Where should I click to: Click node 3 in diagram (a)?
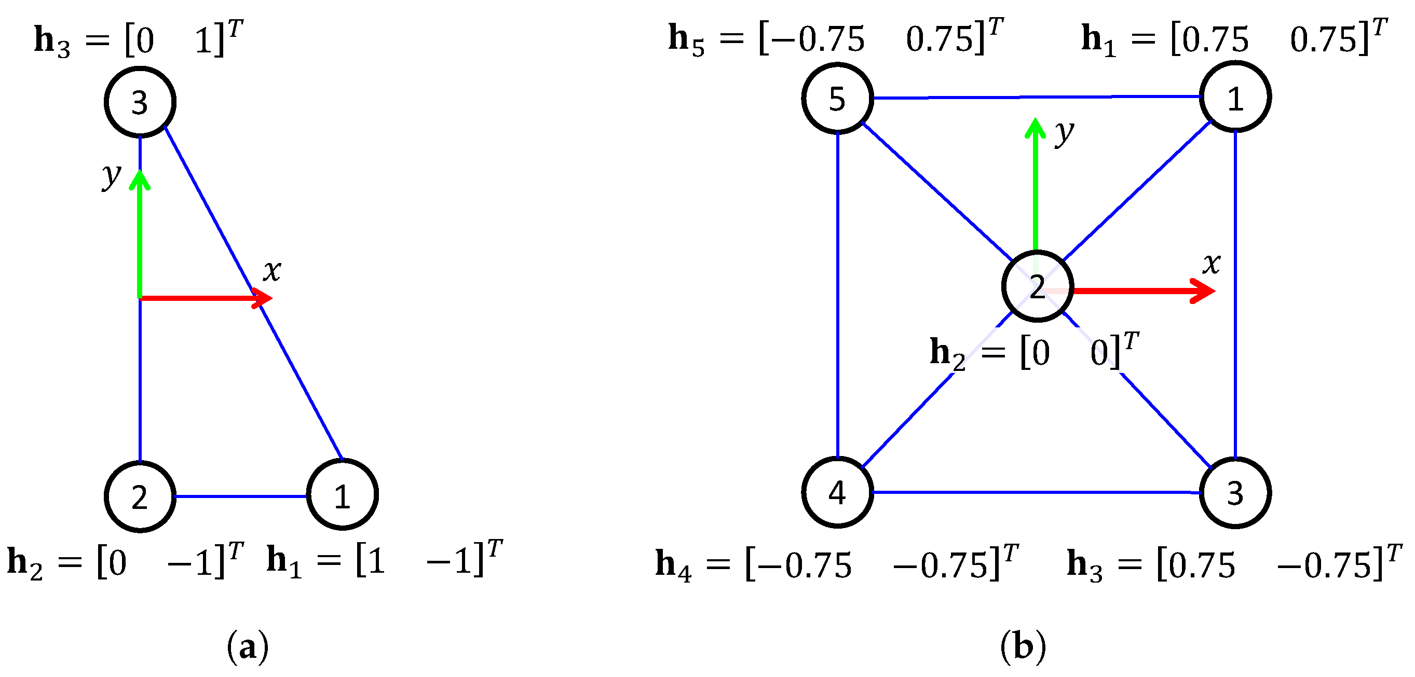(x=140, y=102)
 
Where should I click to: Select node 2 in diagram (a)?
(x=140, y=496)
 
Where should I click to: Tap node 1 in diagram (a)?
(x=342, y=494)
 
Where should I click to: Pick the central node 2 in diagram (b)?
(x=1037, y=286)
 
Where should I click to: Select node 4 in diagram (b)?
(x=837, y=492)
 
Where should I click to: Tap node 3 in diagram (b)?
(x=1235, y=492)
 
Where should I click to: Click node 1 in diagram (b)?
(x=1235, y=97)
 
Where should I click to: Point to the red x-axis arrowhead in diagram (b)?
(x=1203, y=291)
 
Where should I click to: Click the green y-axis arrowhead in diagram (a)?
(x=140, y=180)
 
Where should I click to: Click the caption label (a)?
(x=248, y=647)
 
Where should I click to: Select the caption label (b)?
(x=1023, y=646)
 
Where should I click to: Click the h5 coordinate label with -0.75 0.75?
(x=835, y=38)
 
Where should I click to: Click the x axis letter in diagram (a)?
(x=272, y=270)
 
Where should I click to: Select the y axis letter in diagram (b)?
(x=1064, y=133)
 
